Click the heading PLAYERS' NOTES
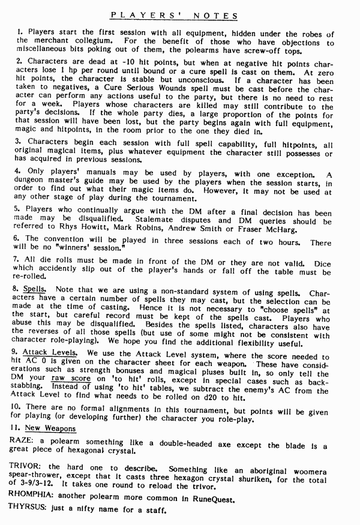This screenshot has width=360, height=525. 175,16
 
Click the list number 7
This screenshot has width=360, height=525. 18,263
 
